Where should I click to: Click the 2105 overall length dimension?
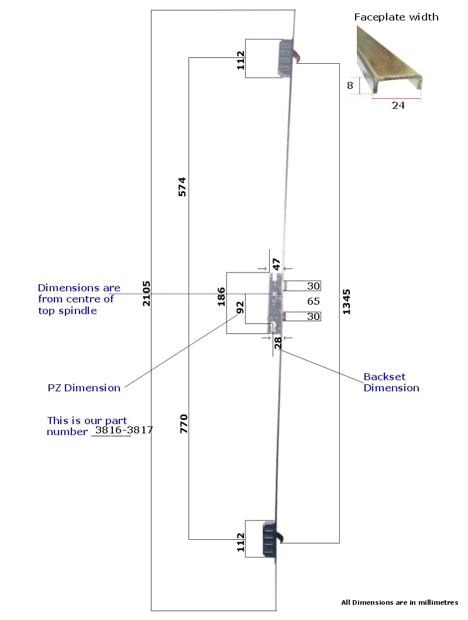pos(146,294)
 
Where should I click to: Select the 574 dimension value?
pos(182,187)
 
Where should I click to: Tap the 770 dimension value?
pos(184,423)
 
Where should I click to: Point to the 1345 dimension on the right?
pos(346,302)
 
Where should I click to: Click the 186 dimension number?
pos(221,297)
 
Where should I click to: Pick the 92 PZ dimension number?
pos(240,307)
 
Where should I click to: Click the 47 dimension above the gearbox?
pos(276,264)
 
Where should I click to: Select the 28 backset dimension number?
pos(278,342)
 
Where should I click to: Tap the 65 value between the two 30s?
pos(314,301)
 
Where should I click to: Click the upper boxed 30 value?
pos(314,286)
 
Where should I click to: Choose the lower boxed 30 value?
pos(314,316)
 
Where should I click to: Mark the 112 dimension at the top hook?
pos(240,60)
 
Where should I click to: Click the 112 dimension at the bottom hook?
pos(240,542)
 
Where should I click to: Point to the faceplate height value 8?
pos(350,85)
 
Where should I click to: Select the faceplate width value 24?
pos(398,105)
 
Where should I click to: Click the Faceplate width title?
pos(397,17)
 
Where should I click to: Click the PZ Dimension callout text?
pos(84,388)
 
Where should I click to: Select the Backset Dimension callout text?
pos(391,383)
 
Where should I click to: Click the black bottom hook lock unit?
pos(270,539)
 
